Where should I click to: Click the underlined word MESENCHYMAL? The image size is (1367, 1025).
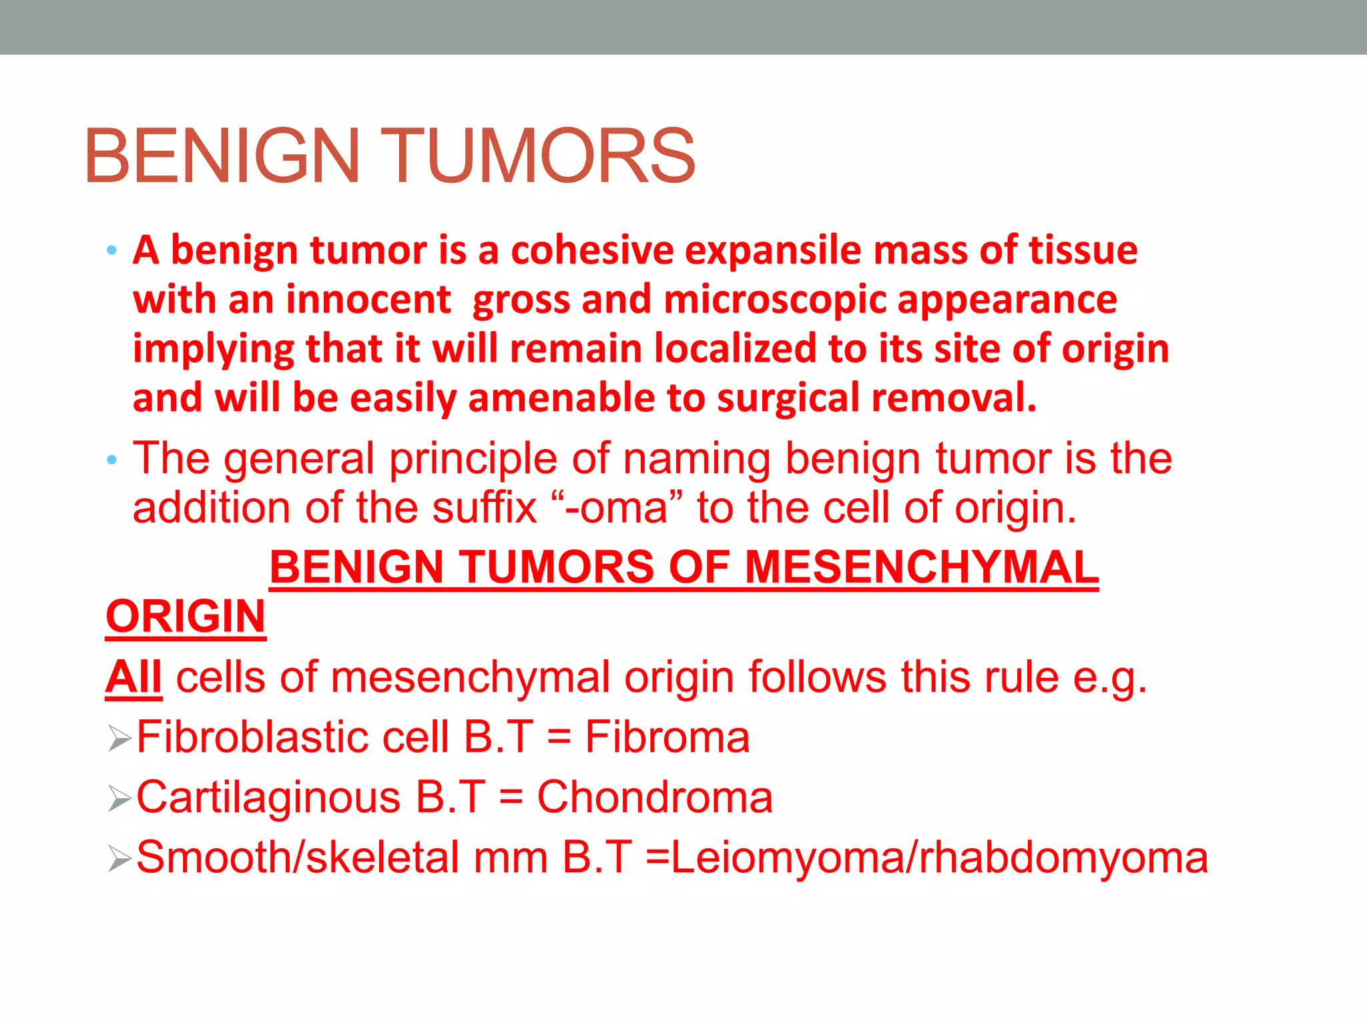pyautogui.click(x=921, y=568)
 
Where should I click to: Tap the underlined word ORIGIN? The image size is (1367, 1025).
pyautogui.click(x=186, y=617)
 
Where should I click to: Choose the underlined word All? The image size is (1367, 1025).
pyautogui.click(x=133, y=678)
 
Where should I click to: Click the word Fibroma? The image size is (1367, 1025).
pyautogui.click(x=667, y=738)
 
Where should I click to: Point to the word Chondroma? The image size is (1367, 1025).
pyautogui.click(x=655, y=798)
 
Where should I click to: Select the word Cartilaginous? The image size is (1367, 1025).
pyautogui.click(x=268, y=798)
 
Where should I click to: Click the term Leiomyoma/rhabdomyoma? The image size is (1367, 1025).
pyautogui.click(x=939, y=858)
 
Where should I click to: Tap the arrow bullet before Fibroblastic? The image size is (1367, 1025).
pyautogui.click(x=119, y=739)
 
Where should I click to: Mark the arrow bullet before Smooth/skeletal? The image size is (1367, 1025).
pyautogui.click(x=119, y=860)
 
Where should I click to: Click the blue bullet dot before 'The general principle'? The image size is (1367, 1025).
pyautogui.click(x=111, y=460)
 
